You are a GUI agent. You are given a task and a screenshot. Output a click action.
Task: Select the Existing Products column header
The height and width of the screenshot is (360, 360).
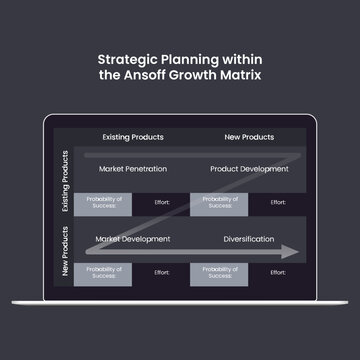pyautogui.click(x=133, y=136)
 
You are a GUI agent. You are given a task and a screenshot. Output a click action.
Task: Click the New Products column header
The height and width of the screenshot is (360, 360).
pyautogui.click(x=250, y=136)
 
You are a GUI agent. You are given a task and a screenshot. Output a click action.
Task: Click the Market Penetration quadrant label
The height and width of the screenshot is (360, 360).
pyautogui.click(x=133, y=169)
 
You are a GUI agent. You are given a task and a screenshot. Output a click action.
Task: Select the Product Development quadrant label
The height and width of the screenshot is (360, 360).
pyautogui.click(x=249, y=169)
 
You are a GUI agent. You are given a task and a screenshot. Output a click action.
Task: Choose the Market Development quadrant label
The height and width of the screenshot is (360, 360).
pyautogui.click(x=133, y=239)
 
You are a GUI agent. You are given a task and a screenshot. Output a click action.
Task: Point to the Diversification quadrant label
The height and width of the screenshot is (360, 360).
pyautogui.click(x=250, y=239)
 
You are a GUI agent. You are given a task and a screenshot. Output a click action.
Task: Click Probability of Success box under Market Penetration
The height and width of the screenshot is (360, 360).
pyautogui.click(x=103, y=203)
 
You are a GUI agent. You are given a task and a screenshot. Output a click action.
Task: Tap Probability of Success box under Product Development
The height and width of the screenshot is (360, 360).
pyautogui.click(x=219, y=203)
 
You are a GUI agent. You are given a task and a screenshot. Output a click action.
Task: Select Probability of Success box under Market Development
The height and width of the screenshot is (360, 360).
pyautogui.click(x=103, y=272)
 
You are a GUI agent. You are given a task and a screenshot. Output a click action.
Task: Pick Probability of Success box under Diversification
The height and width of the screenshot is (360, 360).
pyautogui.click(x=219, y=272)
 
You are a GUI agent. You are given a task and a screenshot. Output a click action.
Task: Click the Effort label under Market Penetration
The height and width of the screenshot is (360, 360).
pyautogui.click(x=162, y=202)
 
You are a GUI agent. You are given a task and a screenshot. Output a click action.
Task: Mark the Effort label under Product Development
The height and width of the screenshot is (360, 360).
pyautogui.click(x=278, y=202)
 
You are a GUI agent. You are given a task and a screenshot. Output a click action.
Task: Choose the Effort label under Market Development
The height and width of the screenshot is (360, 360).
pyautogui.click(x=162, y=272)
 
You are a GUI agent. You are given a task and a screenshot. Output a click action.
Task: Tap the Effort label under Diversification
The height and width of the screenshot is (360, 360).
pyautogui.click(x=278, y=272)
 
